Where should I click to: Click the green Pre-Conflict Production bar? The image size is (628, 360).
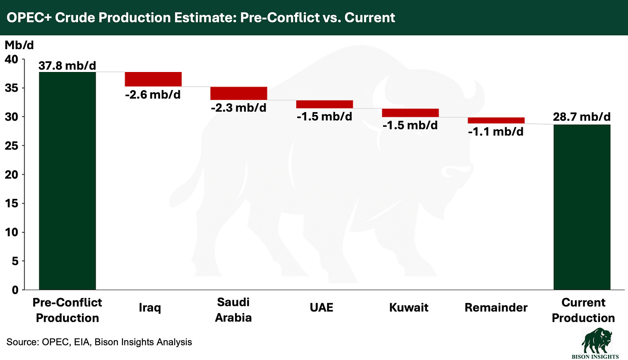67,181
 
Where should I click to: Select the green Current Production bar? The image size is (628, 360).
582,207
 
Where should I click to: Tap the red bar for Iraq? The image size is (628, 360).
153,79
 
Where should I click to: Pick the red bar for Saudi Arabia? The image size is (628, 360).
239,93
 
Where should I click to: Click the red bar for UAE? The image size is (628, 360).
324,104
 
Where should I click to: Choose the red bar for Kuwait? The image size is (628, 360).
410,113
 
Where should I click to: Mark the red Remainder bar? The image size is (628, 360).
496,120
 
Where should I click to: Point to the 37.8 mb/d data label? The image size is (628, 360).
67,66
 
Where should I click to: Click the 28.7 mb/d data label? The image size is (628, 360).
582,117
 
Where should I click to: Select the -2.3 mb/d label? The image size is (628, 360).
239,107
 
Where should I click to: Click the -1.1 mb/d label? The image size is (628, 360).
496,131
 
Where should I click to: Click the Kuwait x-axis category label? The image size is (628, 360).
409,307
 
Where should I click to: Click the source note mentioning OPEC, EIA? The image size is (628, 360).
99,342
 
